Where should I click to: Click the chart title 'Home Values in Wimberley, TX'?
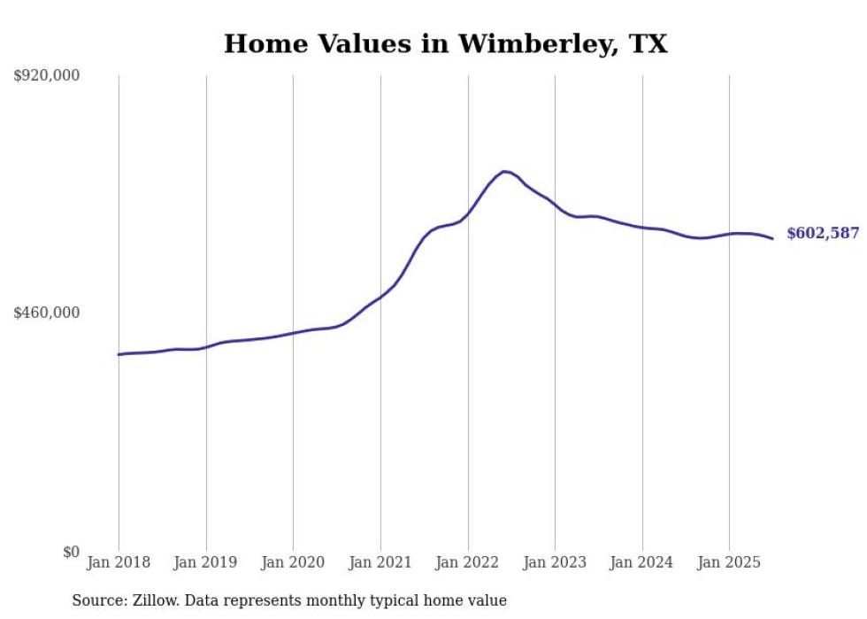(445, 43)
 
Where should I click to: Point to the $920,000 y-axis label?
(47, 76)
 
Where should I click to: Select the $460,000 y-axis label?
(47, 313)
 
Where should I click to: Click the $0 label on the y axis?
(71, 552)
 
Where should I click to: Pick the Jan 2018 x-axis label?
(119, 562)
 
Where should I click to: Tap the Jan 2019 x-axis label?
(206, 562)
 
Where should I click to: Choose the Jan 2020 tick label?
(293, 562)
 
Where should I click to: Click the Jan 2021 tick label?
(380, 562)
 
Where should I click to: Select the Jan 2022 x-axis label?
(468, 562)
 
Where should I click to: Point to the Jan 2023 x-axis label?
(555, 562)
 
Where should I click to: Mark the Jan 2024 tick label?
(642, 562)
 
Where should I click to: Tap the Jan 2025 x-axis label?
(729, 562)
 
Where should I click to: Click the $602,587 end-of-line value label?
(823, 234)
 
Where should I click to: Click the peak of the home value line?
(503, 171)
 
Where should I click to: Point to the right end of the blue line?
(772, 238)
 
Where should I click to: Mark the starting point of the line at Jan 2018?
(119, 354)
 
